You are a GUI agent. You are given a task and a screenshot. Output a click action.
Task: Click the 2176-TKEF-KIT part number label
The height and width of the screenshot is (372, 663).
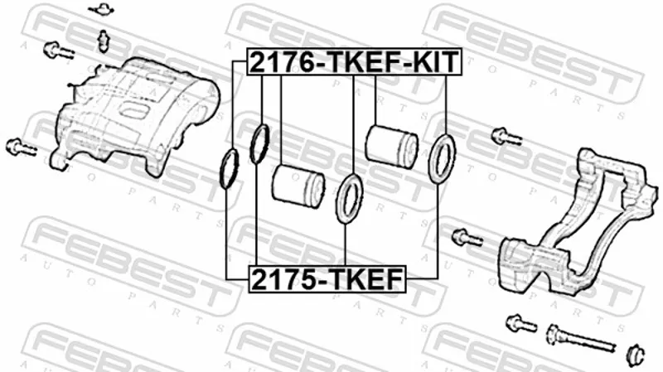coord(355,61)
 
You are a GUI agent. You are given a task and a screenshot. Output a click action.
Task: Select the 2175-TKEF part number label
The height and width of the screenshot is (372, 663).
coord(327,279)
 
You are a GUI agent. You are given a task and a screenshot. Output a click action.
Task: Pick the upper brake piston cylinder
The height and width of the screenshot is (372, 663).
coord(391,146)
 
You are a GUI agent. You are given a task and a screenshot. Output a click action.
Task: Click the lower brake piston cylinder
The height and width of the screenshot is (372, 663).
coord(298,185)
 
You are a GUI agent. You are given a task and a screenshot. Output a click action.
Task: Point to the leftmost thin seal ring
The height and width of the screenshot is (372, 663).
coord(229,169)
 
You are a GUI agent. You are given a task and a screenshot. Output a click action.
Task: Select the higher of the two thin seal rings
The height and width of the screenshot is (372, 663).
coord(259,144)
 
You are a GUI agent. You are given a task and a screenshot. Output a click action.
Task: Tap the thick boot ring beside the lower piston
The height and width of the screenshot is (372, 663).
coord(350,198)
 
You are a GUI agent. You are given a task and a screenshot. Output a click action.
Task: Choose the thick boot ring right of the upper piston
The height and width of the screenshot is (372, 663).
coord(442,158)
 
